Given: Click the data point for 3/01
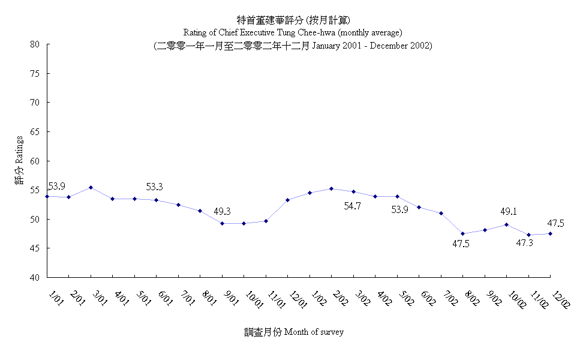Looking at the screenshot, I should tap(91, 187).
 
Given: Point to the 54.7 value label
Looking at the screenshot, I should tap(352, 206).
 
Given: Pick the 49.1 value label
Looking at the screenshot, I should tap(509, 212).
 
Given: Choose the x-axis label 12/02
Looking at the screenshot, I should tap(561, 297).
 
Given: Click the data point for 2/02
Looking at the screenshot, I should tap(332, 188).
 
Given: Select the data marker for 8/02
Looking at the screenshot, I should tap(463, 233).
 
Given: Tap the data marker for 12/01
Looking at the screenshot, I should tap(288, 200).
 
